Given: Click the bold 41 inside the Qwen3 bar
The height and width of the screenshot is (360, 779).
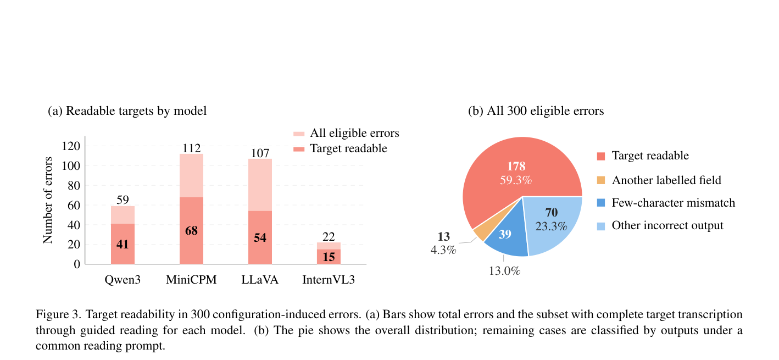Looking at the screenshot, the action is (123, 244).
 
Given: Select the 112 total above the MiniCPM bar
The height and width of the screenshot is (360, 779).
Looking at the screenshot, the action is (191, 148).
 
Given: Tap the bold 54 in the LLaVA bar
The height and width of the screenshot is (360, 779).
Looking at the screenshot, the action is (260, 237).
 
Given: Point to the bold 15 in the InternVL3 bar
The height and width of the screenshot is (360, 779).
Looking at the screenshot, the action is (329, 257).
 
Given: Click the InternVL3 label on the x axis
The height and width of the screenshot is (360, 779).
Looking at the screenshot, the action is (329, 280).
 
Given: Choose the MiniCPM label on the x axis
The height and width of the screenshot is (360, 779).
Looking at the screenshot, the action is (191, 280).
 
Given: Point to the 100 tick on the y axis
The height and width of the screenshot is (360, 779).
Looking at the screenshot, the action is (71, 165).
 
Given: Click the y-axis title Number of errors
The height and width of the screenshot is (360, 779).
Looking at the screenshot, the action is (47, 200).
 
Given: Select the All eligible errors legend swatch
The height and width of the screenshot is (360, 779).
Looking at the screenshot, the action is (299, 134).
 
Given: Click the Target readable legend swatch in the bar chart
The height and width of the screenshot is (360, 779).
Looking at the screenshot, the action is (299, 149).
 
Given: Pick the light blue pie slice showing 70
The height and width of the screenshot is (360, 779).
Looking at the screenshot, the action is (551, 223).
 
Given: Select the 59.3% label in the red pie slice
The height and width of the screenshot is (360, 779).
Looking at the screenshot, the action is (516, 180).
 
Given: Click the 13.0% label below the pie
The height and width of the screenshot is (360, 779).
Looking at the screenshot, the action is (505, 270).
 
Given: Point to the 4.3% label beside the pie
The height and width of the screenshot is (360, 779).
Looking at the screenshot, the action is (443, 250).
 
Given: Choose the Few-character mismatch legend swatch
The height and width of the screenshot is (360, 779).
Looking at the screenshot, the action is (601, 202).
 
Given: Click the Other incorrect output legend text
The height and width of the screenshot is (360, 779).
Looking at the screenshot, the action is (667, 225).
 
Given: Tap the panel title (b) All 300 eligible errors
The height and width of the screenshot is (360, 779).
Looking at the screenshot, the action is (536, 110).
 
